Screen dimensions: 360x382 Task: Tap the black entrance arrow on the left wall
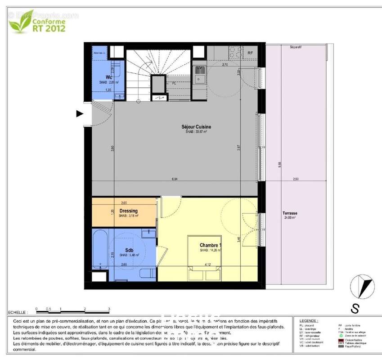coord(80,113)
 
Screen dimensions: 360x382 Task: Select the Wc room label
coord(108,77)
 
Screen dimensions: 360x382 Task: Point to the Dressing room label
coord(129,211)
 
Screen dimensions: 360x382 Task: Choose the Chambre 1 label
coord(211,246)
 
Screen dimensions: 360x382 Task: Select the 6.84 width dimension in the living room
coord(175,179)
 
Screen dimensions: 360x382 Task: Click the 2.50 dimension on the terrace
coord(296,179)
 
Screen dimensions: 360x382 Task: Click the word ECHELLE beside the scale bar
coord(17,312)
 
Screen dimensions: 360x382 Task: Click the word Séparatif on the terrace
coord(296,47)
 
